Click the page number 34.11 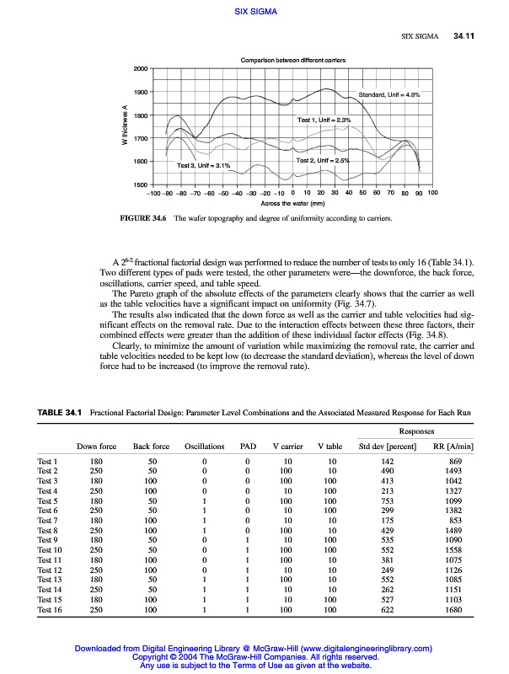point(465,36)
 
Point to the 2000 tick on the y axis point(140,68)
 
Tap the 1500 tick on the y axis point(140,184)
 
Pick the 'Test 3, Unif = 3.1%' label point(203,166)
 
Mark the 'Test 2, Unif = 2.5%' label point(323,159)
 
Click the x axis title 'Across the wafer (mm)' point(292,203)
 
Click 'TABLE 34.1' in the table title point(59,412)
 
